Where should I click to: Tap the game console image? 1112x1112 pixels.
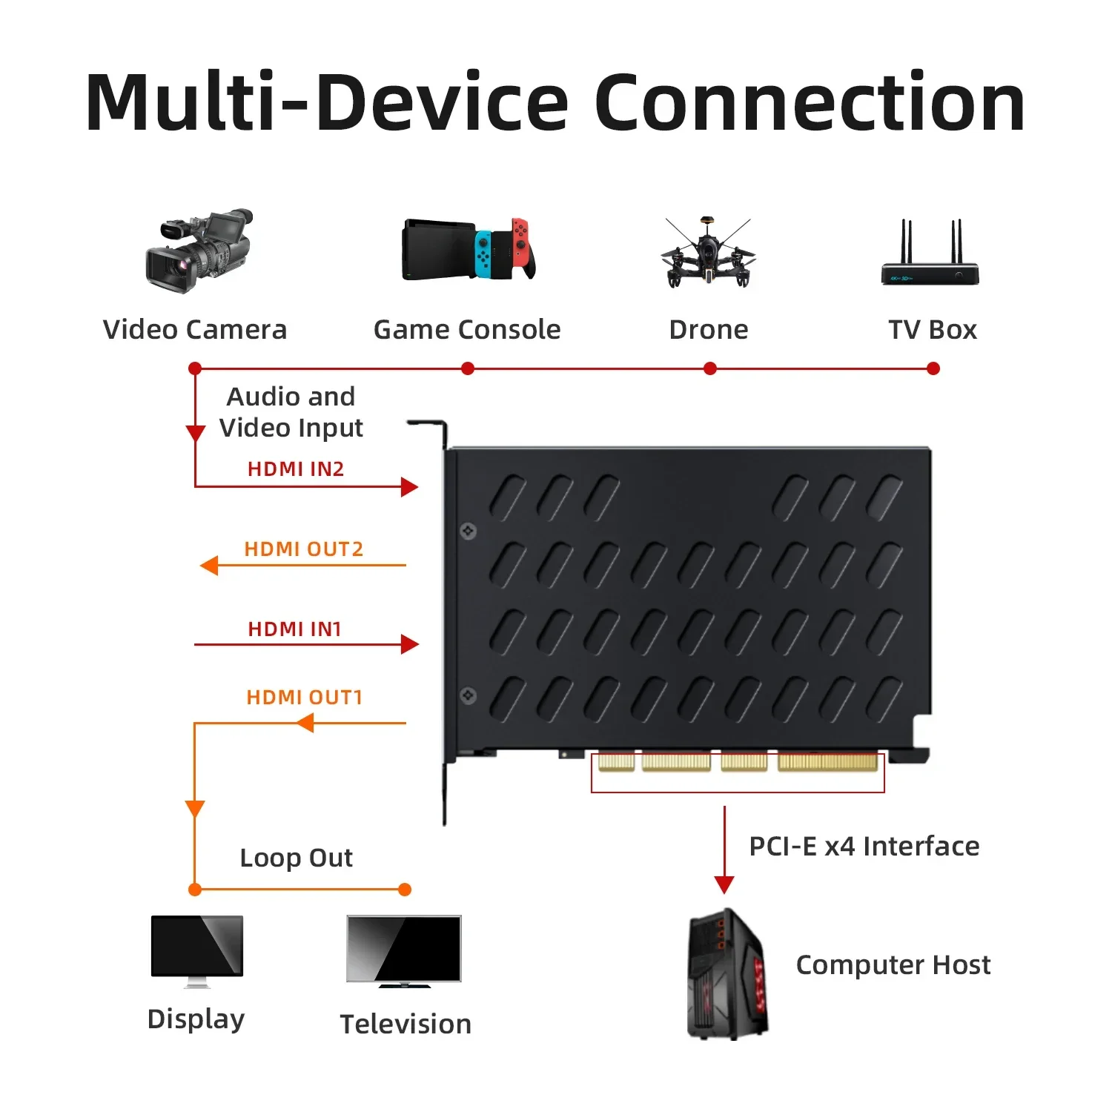pyautogui.click(x=469, y=249)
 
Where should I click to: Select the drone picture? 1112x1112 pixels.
pyautogui.click(x=708, y=252)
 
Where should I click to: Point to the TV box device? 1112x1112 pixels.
pyautogui.click(x=930, y=256)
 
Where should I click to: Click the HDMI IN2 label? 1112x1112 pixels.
pyautogui.click(x=296, y=469)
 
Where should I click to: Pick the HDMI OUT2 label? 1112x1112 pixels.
pyautogui.click(x=304, y=549)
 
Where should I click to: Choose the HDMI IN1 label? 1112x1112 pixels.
pyautogui.click(x=294, y=629)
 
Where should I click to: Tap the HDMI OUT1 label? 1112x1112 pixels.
pyautogui.click(x=304, y=698)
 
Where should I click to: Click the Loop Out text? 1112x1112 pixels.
pyautogui.click(x=296, y=858)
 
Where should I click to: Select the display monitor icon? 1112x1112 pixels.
pyautogui.click(x=196, y=949)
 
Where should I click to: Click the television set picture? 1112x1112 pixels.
pyautogui.click(x=404, y=950)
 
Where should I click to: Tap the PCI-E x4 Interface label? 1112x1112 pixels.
pyautogui.click(x=864, y=847)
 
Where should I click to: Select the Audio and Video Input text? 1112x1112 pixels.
pyautogui.click(x=291, y=412)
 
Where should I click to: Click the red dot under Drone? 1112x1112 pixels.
pyautogui.click(x=710, y=368)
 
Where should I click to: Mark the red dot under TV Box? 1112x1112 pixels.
pyautogui.click(x=933, y=368)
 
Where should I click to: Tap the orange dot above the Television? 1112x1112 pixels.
pyautogui.click(x=405, y=890)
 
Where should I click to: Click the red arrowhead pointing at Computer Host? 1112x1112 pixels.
pyautogui.click(x=724, y=884)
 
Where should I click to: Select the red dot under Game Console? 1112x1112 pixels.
pyautogui.click(x=468, y=368)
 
